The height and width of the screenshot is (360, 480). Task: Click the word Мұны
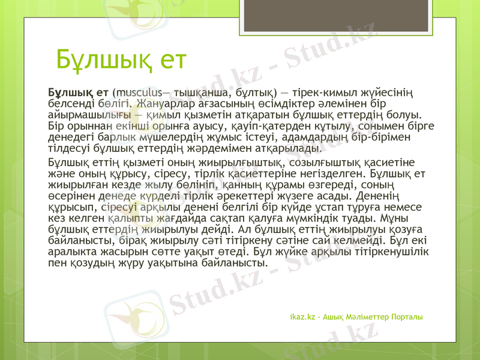tap(410, 217)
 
